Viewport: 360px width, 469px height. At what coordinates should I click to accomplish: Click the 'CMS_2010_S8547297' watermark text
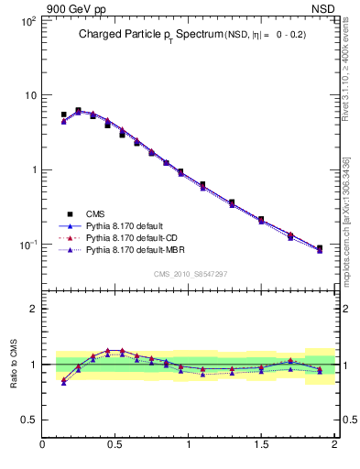[190, 274]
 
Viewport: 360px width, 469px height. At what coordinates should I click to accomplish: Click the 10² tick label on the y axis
[27, 20]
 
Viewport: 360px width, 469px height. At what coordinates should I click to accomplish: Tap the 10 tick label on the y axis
[29, 95]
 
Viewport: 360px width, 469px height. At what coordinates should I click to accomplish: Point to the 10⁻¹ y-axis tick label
[27, 245]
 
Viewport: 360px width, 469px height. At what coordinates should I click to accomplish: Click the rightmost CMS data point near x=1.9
[319, 248]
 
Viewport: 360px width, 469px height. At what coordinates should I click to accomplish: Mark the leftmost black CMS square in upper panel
[63, 115]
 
